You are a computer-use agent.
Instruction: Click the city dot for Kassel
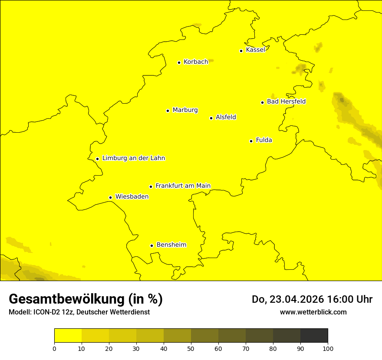(x=241, y=51)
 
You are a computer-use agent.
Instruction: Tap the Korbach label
(x=196, y=62)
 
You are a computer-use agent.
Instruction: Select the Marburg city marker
(x=168, y=111)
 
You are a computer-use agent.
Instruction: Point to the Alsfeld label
(x=226, y=117)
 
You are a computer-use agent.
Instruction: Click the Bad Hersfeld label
(x=286, y=101)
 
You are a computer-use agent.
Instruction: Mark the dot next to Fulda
(x=251, y=141)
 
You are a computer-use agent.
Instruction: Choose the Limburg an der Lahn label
(x=134, y=158)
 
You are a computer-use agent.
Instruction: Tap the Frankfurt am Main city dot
(x=151, y=187)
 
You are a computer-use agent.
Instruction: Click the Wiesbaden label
(x=132, y=196)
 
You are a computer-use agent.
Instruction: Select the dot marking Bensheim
(x=151, y=245)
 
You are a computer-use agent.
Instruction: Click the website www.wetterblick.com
(x=313, y=312)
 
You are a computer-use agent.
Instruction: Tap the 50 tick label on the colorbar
(x=191, y=348)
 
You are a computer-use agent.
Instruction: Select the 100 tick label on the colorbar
(x=328, y=348)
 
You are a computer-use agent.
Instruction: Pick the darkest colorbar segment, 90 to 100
(x=314, y=336)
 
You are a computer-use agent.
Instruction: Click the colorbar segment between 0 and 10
(x=68, y=336)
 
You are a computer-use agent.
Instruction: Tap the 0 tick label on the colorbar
(x=54, y=348)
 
